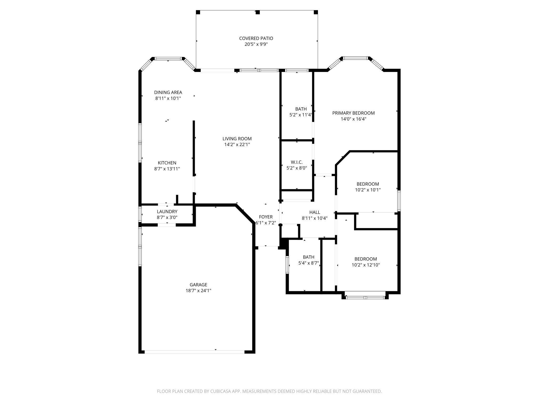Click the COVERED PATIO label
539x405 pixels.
[256, 38]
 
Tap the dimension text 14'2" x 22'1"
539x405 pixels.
[237, 144]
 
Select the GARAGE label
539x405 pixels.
[198, 285]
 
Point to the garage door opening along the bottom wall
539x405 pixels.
[194, 352]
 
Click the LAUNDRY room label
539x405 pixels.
[167, 211]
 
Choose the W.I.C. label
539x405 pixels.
[297, 162]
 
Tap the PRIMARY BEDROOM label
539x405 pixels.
[353, 113]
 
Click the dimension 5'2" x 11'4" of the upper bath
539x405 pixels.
[301, 115]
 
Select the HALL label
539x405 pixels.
[315, 212]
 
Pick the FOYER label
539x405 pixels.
[266, 217]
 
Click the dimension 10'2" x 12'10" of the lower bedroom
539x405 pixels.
[366, 265]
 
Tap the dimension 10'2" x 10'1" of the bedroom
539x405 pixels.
[368, 190]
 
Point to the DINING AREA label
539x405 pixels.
[168, 92]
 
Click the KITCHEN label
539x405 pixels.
[167, 163]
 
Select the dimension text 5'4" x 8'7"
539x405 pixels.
[308, 263]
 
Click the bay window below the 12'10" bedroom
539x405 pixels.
[365, 297]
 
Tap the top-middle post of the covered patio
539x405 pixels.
[258, 12]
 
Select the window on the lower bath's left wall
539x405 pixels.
[287, 264]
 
